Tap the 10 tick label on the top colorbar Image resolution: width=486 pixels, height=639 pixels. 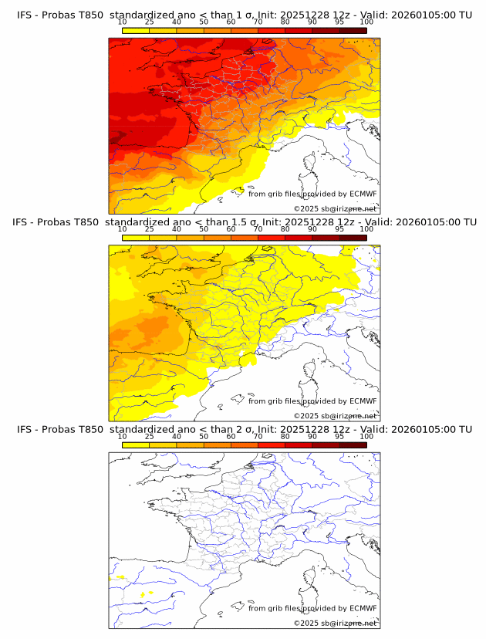coord(123,22)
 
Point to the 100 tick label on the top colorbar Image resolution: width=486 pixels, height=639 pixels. coord(366,22)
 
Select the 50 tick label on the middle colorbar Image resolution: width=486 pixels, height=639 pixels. coord(204,229)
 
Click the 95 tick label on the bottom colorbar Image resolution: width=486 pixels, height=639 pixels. coord(339,436)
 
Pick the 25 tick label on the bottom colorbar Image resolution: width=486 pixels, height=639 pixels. coord(150,436)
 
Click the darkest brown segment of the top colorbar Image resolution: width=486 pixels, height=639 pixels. coord(353,30)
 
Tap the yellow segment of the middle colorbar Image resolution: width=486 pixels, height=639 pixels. coord(136,237)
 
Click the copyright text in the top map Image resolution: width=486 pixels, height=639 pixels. coord(335,209)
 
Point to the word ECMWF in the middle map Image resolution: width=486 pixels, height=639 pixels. coord(363,401)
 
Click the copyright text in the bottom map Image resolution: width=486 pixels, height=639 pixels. coord(335,623)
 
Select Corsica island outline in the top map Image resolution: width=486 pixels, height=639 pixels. coord(312,164)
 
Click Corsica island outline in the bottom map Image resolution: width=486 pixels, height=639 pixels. coord(312,577)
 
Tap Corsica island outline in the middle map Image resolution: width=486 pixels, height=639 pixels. coord(312,370)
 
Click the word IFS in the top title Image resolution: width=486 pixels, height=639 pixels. coord(25,15)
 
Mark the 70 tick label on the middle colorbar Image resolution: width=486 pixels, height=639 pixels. coord(258,229)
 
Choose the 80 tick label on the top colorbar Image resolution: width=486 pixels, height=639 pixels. coord(285,22)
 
